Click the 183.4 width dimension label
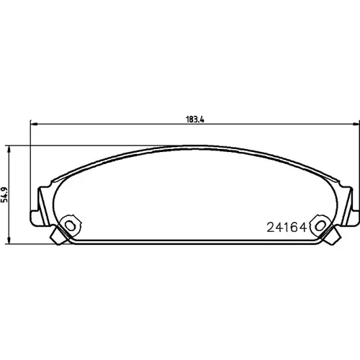[195, 120]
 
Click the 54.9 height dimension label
[4, 194]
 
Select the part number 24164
[287, 227]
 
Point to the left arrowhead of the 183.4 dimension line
[34, 124]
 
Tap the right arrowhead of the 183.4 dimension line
[355, 124]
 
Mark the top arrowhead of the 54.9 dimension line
[9, 149]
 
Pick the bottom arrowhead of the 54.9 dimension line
[9, 240]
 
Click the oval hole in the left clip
[71, 225]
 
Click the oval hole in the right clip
[320, 225]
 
